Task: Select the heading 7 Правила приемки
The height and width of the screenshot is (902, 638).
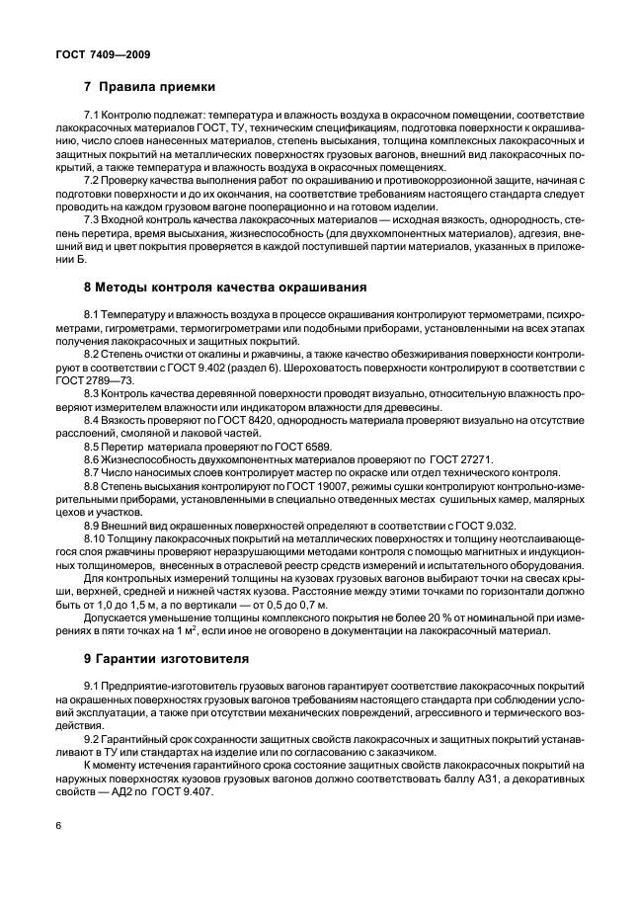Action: pos(149,87)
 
